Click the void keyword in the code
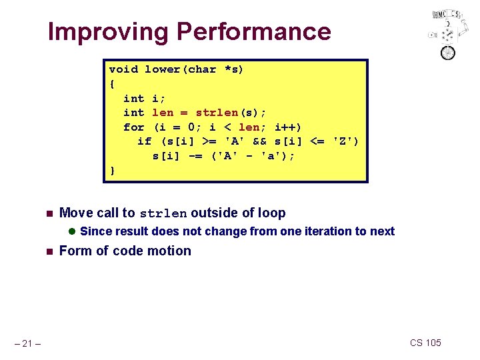click(123, 69)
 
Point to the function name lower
click(163, 69)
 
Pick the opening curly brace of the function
click(112, 84)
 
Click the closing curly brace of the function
click(112, 170)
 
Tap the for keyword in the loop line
click(134, 127)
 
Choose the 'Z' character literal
click(345, 141)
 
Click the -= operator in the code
click(195, 156)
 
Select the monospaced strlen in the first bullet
click(163, 214)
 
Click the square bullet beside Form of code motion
click(48, 251)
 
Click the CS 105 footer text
click(425, 343)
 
